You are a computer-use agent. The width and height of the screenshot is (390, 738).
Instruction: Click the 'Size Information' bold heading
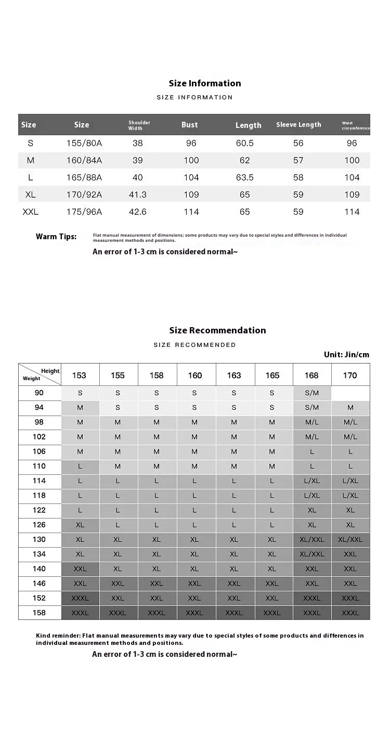click(205, 83)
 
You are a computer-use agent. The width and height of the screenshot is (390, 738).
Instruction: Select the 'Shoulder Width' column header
click(139, 125)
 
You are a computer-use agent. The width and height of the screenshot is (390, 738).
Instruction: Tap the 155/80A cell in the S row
click(84, 143)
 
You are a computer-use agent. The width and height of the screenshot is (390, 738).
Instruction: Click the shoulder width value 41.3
click(138, 195)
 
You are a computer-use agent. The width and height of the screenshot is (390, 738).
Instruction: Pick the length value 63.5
click(245, 177)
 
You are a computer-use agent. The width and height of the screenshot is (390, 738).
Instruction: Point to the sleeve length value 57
click(298, 160)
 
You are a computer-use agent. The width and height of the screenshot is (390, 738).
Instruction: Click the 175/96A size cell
click(84, 212)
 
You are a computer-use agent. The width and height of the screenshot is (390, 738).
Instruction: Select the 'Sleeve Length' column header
click(298, 125)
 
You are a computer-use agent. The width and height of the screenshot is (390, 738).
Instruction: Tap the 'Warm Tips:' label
click(56, 237)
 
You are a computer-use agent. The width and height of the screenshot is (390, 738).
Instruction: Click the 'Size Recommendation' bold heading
click(217, 330)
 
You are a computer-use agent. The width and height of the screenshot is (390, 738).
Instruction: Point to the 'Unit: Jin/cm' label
click(346, 355)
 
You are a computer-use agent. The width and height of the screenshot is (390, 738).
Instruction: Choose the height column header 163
click(234, 376)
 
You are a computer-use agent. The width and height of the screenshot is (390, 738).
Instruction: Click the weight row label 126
click(40, 525)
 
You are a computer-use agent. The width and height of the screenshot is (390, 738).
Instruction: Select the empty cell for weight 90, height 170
click(350, 393)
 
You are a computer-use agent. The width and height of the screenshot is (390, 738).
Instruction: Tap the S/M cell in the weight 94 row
click(312, 408)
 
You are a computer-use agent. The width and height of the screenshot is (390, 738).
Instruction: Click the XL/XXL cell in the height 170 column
click(350, 539)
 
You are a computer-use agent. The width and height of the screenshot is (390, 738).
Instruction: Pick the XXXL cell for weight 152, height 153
click(80, 598)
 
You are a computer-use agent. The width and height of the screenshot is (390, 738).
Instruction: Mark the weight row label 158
click(40, 613)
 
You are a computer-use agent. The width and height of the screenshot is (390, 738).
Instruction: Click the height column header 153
click(80, 376)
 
